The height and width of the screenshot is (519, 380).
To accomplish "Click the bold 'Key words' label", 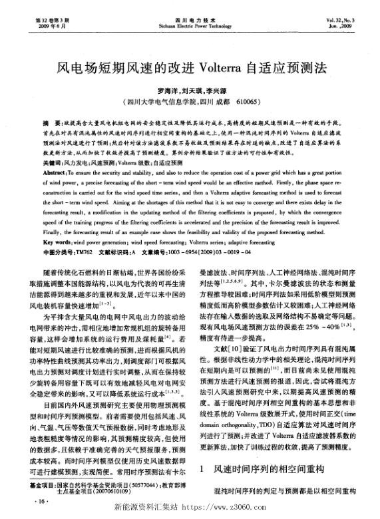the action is pyautogui.click(x=57, y=244).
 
